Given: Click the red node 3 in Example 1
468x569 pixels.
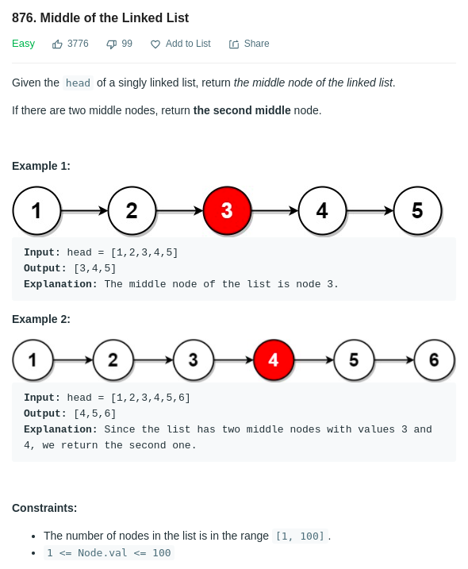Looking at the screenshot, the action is click(x=227, y=210).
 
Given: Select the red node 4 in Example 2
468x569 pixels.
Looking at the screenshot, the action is click(x=274, y=359).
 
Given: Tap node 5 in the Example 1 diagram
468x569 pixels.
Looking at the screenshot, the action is click(x=417, y=210).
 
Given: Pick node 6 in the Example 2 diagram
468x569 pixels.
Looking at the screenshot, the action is click(x=434, y=359).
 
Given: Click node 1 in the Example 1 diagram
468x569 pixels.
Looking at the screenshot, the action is click(x=36, y=210).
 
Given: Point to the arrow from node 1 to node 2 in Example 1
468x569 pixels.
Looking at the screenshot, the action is click(x=85, y=210).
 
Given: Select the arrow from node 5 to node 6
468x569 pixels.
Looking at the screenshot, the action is click(x=394, y=360).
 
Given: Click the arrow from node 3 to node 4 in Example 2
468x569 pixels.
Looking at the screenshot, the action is click(x=234, y=360).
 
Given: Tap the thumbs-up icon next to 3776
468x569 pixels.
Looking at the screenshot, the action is click(x=57, y=44).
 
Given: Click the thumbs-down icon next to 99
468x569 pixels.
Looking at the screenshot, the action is click(x=111, y=44).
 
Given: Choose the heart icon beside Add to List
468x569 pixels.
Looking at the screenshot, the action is click(x=155, y=44).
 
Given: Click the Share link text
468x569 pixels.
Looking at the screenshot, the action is click(x=256, y=44).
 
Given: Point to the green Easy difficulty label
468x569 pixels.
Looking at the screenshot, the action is click(x=23, y=44).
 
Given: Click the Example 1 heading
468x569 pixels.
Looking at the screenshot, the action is click(x=41, y=166).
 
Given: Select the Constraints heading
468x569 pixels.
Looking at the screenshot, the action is click(x=44, y=508).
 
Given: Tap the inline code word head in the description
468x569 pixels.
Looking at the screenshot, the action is click(x=78, y=83).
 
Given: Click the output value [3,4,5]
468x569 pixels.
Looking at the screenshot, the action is click(x=95, y=268).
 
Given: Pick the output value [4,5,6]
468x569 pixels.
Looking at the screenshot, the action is click(x=95, y=413).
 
